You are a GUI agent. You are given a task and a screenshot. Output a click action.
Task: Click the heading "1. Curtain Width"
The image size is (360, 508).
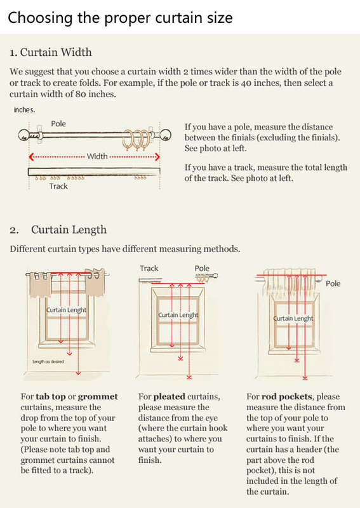tap(51, 53)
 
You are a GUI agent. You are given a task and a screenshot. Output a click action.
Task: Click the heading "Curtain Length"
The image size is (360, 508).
tap(69, 230)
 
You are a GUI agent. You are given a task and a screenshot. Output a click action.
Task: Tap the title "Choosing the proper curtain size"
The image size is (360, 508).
tap(120, 18)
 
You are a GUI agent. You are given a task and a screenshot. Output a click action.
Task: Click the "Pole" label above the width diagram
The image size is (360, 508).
tap(58, 124)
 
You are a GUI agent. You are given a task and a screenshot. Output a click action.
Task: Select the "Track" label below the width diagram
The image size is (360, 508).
tap(58, 186)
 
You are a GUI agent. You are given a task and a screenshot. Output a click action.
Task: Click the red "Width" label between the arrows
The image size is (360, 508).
tap(97, 156)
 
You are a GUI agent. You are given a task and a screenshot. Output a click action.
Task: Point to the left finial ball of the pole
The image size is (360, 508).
tap(23, 135)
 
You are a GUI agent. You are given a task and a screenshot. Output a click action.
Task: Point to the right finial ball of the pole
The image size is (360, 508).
tap(166, 135)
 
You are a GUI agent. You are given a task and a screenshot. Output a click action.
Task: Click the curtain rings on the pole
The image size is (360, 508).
tap(137, 140)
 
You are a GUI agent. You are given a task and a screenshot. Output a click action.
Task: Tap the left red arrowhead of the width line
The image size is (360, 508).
tap(30, 157)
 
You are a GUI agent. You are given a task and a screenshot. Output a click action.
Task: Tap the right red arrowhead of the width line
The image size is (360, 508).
tap(157, 157)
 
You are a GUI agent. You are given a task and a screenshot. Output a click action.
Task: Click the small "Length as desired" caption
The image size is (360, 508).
tap(48, 361)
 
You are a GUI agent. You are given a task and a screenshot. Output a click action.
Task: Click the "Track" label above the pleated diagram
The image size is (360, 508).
tap(149, 269)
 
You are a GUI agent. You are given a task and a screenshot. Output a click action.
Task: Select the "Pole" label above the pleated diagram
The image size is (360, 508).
tap(202, 269)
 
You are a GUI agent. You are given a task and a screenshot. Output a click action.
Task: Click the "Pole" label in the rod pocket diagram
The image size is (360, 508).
tap(333, 284)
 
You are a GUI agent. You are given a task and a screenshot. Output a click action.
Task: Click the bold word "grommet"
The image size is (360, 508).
tap(98, 397)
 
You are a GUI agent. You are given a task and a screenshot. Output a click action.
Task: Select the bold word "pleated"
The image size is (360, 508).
tap(169, 397)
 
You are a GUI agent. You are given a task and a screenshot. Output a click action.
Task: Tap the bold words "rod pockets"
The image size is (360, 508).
tap(287, 397)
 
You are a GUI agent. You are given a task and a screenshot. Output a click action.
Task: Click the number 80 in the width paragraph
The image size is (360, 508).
tap(81, 94)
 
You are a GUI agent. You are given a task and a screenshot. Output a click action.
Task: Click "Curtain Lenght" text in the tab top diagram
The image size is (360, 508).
tap(67, 310)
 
